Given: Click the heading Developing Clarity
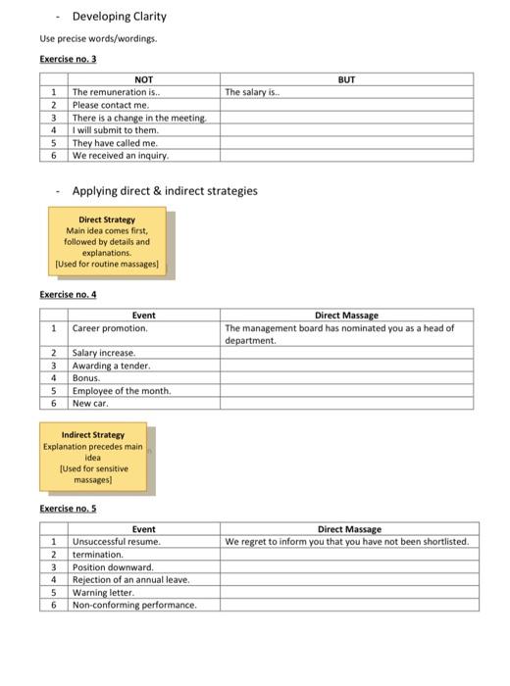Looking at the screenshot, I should tap(120, 17).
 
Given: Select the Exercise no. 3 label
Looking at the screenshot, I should tap(68, 59).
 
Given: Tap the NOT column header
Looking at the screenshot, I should tap(143, 79).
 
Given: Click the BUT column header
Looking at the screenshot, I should tap(346, 79).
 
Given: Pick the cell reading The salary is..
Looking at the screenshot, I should tap(253, 92).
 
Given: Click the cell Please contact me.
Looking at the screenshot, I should tap(111, 105).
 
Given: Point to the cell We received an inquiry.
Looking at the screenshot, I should tap(121, 155).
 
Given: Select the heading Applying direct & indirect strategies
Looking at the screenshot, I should tap(165, 191).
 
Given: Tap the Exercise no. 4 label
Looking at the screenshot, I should tap(68, 294).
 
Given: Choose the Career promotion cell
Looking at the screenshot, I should tap(110, 328).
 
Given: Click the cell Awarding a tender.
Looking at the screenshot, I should tap(112, 365).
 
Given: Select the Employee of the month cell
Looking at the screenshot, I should tap(122, 390).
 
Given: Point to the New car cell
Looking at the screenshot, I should tap(90, 403).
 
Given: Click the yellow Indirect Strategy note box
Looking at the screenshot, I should tap(93, 457).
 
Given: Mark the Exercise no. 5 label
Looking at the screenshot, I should tap(68, 509).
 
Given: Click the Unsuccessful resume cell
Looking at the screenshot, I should tap(117, 541).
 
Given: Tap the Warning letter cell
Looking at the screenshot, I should tap(104, 592).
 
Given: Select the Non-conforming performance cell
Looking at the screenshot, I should tap(134, 605).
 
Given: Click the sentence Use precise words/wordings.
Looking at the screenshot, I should tap(98, 39).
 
